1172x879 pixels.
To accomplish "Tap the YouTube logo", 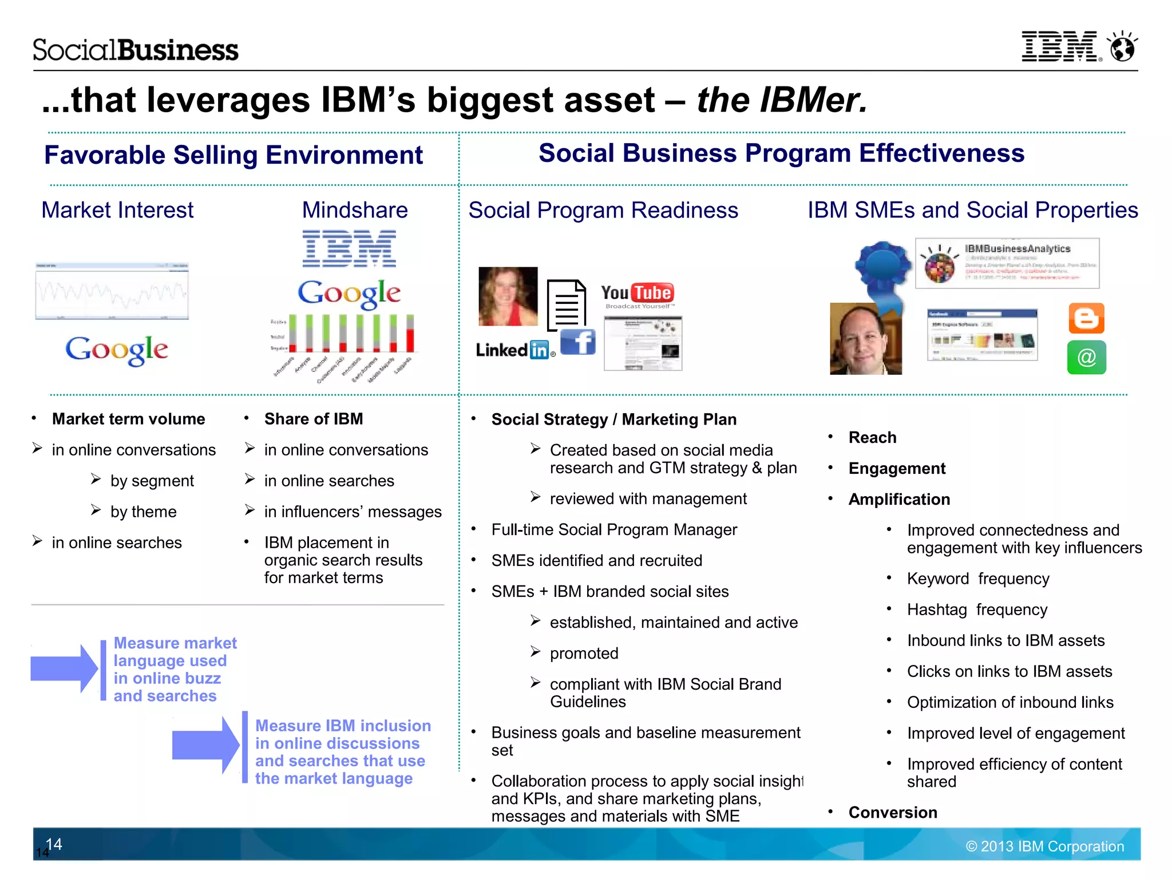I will pos(638,294).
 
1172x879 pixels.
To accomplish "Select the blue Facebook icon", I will pos(578,342).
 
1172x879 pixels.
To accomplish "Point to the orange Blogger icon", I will pos(1086,318).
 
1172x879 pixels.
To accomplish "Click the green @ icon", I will pos(1086,358).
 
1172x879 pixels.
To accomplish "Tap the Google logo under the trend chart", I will pos(116,350).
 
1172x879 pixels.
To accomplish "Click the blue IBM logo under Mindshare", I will pos(349,248).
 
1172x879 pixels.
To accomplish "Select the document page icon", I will pos(566,305).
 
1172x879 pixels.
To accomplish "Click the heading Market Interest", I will pos(117,210).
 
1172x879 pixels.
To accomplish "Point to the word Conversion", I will pos(893,813).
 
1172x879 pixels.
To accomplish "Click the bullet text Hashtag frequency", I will pos(977,610).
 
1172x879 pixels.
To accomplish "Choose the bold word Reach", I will pos(872,438).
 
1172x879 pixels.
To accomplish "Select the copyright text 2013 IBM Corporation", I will pos(1045,846).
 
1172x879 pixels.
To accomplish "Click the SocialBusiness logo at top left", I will pos(136,50).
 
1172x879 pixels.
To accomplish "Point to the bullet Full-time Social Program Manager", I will pos(614,530).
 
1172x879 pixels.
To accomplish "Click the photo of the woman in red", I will pos(508,296).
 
